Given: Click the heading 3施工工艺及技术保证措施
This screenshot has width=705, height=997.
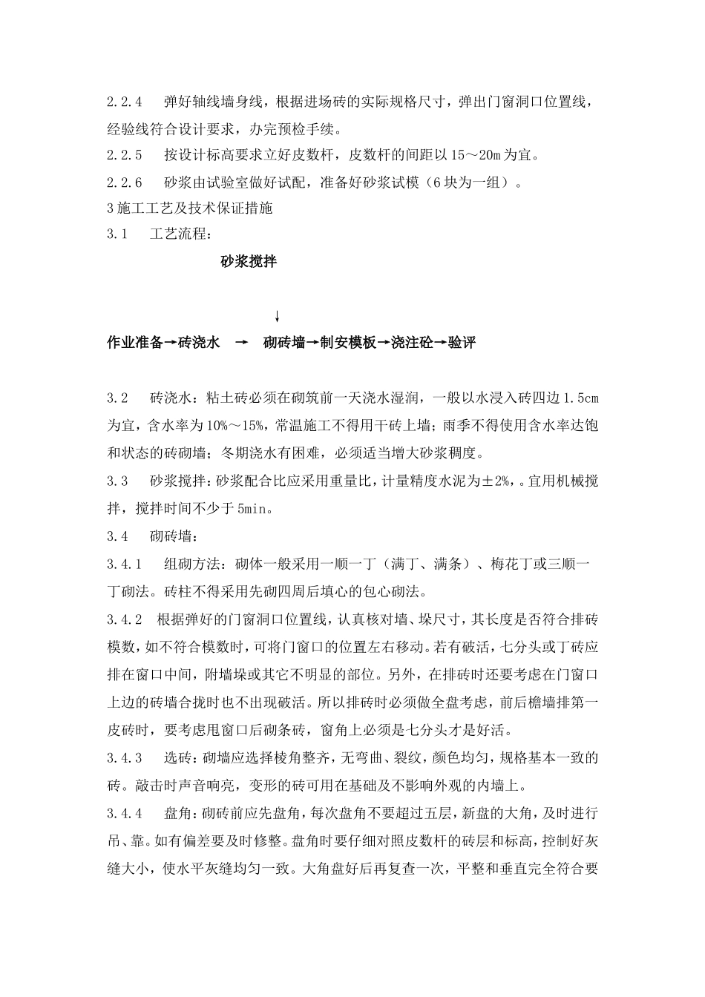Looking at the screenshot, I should [190, 208].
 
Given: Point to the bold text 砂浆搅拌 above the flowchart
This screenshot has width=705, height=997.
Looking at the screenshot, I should [249, 261].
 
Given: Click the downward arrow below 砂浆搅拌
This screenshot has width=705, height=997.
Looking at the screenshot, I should [277, 316].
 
